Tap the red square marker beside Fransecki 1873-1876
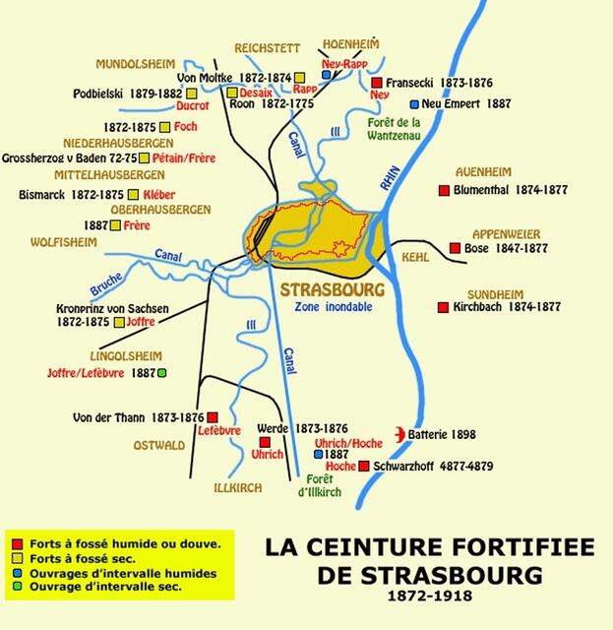pos(377,83)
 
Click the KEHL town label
pos(415,256)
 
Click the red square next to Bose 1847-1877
pos(455,248)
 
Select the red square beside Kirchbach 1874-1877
pos(443,307)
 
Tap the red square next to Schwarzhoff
pos(364,466)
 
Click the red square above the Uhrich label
pos(263,442)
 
